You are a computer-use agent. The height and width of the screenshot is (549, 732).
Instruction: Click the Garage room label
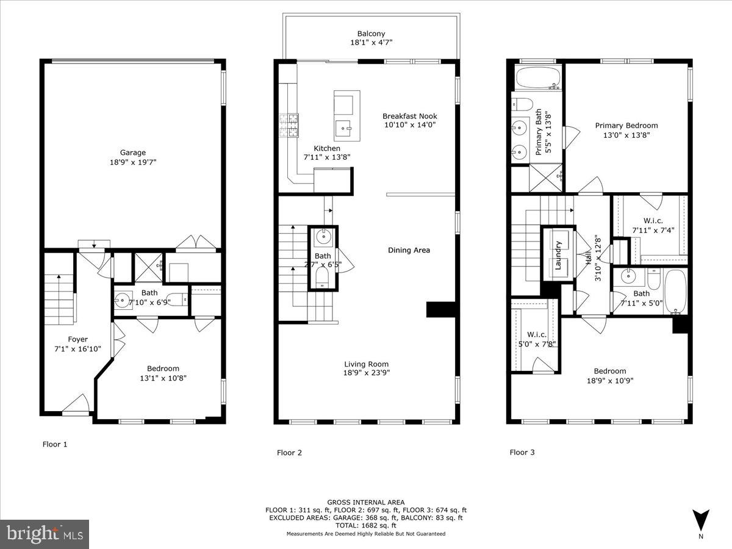[132, 152]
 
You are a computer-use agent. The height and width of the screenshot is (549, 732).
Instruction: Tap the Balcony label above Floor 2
[371, 34]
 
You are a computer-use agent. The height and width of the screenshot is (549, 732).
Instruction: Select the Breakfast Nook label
[410, 116]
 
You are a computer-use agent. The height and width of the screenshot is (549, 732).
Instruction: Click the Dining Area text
[409, 250]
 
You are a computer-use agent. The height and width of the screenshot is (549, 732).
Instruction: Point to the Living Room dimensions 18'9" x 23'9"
[366, 373]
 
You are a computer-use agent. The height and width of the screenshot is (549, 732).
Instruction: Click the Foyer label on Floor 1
[77, 339]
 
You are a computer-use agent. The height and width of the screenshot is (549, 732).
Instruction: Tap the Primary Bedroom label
[626, 126]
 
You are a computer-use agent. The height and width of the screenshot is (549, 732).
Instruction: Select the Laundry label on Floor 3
[558, 255]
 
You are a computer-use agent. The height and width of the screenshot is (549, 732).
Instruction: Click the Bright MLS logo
[45, 534]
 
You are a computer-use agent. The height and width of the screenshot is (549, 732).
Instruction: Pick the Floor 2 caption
[289, 453]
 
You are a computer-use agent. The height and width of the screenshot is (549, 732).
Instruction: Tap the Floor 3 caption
[522, 453]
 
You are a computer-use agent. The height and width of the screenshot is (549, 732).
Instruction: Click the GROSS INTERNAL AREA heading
[366, 503]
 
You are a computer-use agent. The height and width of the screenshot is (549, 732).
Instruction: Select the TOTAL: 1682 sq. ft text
[366, 525]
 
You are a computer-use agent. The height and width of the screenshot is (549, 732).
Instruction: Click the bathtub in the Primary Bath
[537, 77]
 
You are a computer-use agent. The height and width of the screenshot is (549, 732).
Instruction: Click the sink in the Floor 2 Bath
[323, 237]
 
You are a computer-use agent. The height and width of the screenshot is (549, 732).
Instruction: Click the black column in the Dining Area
[441, 309]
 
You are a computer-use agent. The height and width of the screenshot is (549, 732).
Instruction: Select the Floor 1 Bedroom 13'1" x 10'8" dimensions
[163, 378]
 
